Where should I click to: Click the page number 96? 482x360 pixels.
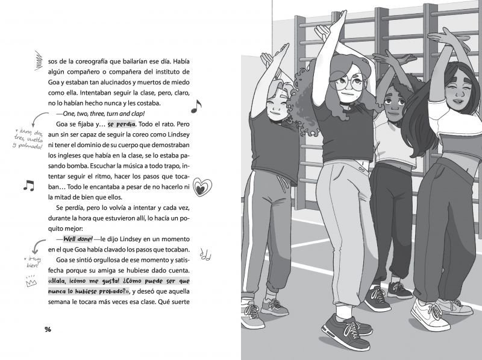click(x=48, y=329)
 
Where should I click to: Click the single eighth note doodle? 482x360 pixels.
click(x=195, y=107)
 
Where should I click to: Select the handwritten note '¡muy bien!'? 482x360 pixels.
click(x=30, y=259)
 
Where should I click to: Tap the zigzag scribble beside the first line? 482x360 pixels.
click(x=38, y=60)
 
